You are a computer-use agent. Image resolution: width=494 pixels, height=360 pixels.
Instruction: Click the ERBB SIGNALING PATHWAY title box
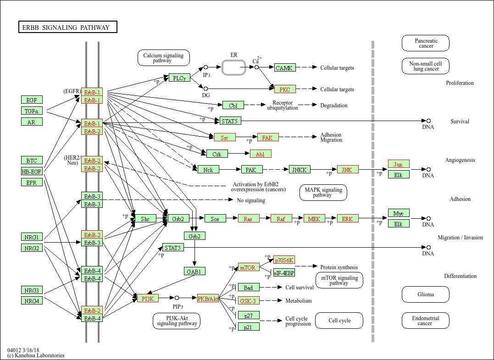(67, 28)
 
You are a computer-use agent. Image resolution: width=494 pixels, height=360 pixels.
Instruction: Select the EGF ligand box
(32, 100)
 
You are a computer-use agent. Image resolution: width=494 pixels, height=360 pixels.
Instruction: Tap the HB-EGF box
(32, 172)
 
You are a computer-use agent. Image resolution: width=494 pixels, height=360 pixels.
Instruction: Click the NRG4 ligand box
(32, 301)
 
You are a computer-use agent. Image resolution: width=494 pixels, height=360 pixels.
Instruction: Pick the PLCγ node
(179, 78)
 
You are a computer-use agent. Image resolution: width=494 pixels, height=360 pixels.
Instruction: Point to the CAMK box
(285, 68)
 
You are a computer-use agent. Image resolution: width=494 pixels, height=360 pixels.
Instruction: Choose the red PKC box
(285, 89)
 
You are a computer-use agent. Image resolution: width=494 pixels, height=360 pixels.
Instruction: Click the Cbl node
(233, 105)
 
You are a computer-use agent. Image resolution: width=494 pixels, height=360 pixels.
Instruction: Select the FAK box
(268, 137)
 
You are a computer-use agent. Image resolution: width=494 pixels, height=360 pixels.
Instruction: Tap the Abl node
(261, 154)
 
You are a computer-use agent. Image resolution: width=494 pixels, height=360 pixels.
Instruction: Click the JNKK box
(300, 170)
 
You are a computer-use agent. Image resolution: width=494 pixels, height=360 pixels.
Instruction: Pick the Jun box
(399, 164)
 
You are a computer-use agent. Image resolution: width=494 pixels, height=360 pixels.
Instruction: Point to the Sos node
(215, 219)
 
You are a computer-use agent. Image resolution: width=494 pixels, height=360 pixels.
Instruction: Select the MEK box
(314, 219)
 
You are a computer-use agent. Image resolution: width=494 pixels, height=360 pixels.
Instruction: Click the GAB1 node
(194, 271)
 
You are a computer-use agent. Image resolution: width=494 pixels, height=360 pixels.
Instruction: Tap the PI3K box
(148, 299)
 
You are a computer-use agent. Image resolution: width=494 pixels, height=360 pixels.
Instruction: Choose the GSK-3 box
(249, 301)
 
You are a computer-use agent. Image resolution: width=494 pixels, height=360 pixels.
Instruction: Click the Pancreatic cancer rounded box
(426, 43)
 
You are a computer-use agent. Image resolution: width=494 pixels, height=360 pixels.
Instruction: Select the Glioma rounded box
(426, 294)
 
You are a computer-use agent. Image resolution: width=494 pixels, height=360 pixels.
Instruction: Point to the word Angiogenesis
(460, 160)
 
